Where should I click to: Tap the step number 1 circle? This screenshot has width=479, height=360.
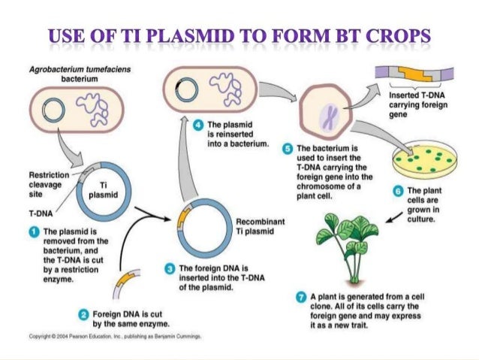click(34, 231)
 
